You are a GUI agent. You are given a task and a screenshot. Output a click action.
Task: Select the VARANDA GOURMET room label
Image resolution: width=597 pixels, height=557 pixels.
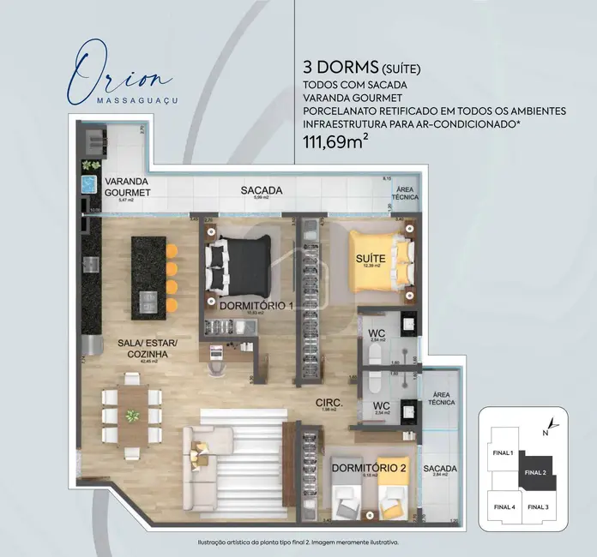[125, 188]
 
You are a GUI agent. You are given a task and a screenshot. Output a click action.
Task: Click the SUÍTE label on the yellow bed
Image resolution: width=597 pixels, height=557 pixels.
[371, 258]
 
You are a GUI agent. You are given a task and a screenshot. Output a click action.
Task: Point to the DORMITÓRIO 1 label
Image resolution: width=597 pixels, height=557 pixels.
[256, 306]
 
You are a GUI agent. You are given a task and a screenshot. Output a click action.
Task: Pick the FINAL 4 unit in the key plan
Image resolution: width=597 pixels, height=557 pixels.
[504, 506]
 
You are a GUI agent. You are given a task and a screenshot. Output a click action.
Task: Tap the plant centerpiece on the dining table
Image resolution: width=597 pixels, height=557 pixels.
[132, 416]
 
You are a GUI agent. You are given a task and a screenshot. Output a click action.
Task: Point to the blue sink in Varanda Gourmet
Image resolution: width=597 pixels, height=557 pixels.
[88, 184]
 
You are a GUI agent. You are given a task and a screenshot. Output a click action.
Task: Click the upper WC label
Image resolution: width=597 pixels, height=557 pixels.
[376, 334]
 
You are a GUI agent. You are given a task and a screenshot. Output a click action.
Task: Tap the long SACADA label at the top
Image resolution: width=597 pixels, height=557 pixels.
[262, 190]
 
